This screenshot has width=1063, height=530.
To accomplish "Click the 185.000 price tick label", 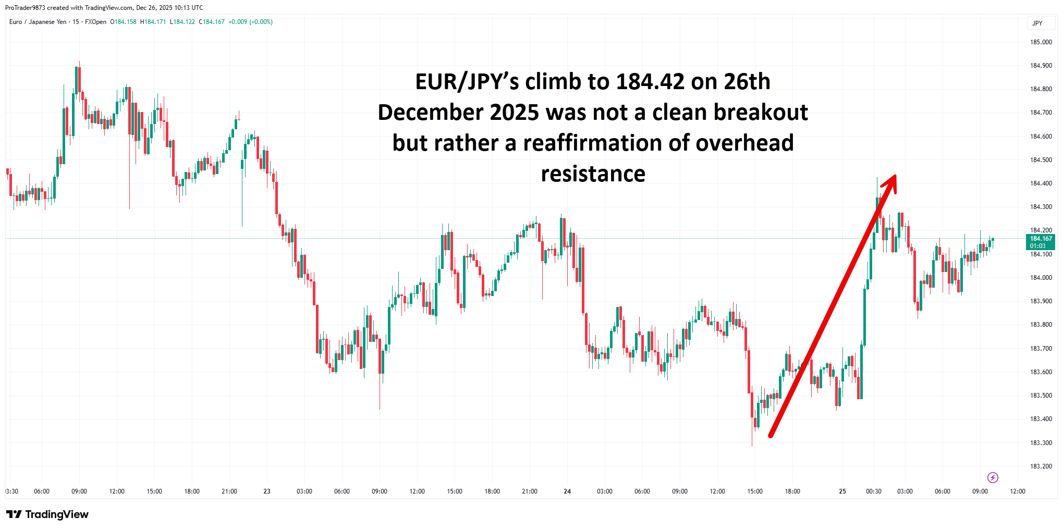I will pyautogui.click(x=1041, y=42).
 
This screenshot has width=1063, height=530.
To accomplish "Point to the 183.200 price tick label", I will pyautogui.click(x=1041, y=466).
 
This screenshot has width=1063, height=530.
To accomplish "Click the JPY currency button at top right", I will pyautogui.click(x=1037, y=23).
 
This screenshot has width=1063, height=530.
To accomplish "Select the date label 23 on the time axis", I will pyautogui.click(x=267, y=491).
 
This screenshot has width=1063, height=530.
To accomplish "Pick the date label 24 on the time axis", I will pyautogui.click(x=567, y=491).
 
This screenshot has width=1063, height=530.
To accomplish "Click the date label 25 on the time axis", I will pyautogui.click(x=842, y=491).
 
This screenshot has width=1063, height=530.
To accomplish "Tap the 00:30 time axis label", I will pyautogui.click(x=874, y=491).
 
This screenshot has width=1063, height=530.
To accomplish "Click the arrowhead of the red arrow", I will pyautogui.click(x=891, y=182).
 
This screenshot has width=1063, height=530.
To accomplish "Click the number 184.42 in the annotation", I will pyautogui.click(x=650, y=82).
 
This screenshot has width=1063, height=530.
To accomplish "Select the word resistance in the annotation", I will pyautogui.click(x=593, y=174).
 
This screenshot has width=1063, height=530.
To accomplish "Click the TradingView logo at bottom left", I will pyautogui.click(x=47, y=514).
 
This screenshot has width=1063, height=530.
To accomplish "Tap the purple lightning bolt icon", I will pyautogui.click(x=993, y=477).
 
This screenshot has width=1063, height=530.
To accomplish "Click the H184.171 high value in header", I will pyautogui.click(x=153, y=22).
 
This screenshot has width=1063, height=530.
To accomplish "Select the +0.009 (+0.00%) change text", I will pyautogui.click(x=250, y=22).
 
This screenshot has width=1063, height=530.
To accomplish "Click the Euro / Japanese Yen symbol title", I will pyautogui.click(x=38, y=22).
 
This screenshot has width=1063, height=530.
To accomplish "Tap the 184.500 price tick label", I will pyautogui.click(x=1041, y=160).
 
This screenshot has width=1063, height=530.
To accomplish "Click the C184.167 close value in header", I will pyautogui.click(x=212, y=22).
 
